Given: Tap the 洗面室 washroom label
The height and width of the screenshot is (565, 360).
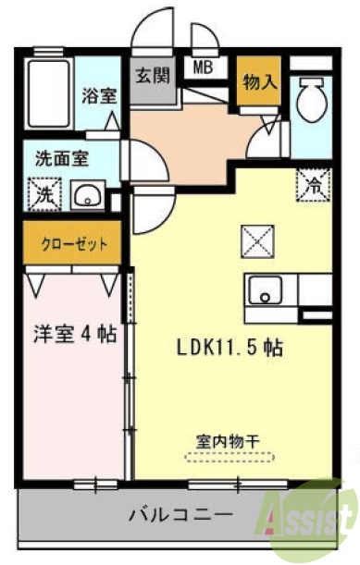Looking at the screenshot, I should pos(62,157).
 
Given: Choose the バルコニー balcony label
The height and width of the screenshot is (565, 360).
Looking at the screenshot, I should pos(180,512).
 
